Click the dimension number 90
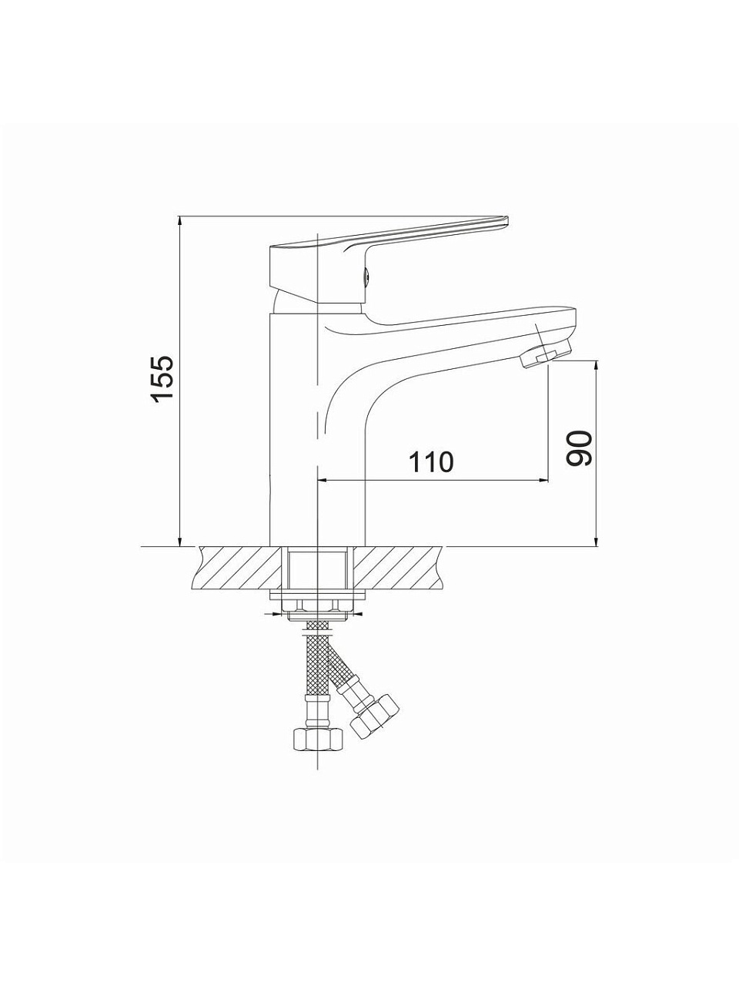pyautogui.click(x=580, y=448)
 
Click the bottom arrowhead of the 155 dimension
pyautogui.click(x=180, y=541)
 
